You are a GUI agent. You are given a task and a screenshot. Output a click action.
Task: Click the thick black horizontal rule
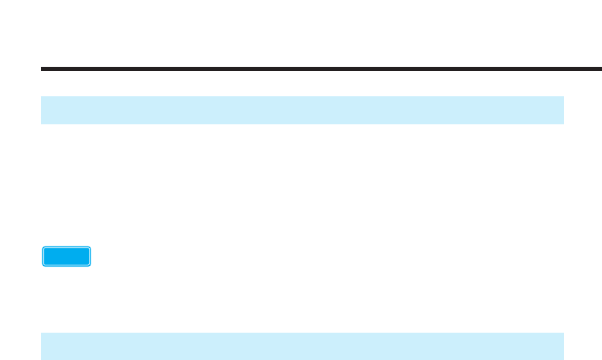(x=321, y=69)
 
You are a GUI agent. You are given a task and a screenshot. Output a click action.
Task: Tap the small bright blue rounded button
(x=67, y=257)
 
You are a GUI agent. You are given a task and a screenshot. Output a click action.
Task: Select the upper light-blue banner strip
(x=302, y=110)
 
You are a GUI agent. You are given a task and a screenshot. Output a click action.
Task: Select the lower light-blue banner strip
(x=302, y=346)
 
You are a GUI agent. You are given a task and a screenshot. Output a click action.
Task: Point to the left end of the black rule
(x=42, y=69)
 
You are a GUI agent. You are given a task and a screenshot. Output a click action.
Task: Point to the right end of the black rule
(x=601, y=69)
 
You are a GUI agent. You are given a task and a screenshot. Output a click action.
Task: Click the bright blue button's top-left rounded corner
(x=44, y=248)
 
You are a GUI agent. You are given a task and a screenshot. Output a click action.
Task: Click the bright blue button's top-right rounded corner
(x=90, y=248)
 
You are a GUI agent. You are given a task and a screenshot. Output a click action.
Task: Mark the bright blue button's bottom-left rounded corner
(x=44, y=265)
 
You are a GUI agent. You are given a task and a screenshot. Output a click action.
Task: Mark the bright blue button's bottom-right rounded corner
(x=90, y=265)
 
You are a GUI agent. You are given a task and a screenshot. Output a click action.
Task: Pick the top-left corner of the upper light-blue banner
(x=41, y=96)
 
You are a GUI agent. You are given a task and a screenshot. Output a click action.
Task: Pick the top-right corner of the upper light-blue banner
(x=563, y=96)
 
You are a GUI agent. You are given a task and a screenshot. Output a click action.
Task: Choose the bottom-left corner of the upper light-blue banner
(x=41, y=124)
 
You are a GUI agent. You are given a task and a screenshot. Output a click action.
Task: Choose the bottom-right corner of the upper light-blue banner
(x=563, y=124)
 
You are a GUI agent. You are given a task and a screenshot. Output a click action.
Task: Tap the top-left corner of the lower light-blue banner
(x=41, y=333)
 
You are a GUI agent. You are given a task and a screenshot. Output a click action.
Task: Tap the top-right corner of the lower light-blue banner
(x=563, y=333)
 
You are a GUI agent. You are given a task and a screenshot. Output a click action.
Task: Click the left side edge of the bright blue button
(x=43, y=257)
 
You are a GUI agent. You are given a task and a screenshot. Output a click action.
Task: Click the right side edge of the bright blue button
(x=91, y=257)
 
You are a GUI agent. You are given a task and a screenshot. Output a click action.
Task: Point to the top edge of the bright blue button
(x=67, y=247)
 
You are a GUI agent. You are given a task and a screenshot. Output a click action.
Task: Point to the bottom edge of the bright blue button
(x=67, y=266)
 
